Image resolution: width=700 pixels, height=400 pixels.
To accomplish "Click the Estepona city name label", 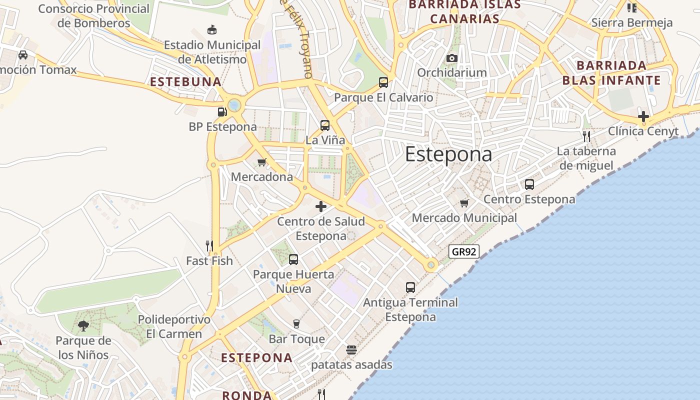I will (x=448, y=154).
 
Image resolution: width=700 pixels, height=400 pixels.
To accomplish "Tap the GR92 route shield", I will (x=463, y=251).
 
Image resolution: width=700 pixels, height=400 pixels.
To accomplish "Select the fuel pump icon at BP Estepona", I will (x=222, y=111).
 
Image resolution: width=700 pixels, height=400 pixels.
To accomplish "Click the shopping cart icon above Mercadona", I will (x=261, y=162).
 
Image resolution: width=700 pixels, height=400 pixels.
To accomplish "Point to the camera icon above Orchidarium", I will (x=452, y=58).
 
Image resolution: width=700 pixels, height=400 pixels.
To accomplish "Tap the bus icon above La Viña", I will (x=325, y=125).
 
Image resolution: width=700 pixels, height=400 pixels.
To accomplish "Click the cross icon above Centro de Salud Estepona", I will (x=321, y=206).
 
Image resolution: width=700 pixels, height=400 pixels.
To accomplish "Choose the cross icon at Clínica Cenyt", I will (x=643, y=117).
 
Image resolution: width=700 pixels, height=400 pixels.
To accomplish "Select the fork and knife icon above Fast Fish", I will (x=209, y=245).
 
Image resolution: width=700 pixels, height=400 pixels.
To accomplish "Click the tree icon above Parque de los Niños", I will (x=83, y=326).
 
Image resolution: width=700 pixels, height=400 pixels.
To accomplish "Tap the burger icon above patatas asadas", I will (x=351, y=350).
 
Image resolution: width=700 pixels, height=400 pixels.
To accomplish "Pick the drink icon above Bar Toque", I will (x=296, y=324).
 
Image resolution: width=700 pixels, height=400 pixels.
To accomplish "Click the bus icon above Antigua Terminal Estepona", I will (x=410, y=287).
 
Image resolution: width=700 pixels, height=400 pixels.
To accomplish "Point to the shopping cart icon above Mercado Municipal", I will (x=464, y=203).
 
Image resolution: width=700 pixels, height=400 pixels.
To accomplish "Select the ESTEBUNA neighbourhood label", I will (x=185, y=82).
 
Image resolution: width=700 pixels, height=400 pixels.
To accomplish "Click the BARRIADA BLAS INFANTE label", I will (x=611, y=73).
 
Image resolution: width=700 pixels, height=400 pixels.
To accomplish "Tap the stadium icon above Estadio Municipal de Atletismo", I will (x=212, y=30).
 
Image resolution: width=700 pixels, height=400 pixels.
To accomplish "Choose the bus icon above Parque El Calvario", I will (x=383, y=82).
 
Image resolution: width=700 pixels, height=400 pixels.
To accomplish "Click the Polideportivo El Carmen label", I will (x=174, y=326).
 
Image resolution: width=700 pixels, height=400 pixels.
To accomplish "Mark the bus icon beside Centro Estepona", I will (x=529, y=184).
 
